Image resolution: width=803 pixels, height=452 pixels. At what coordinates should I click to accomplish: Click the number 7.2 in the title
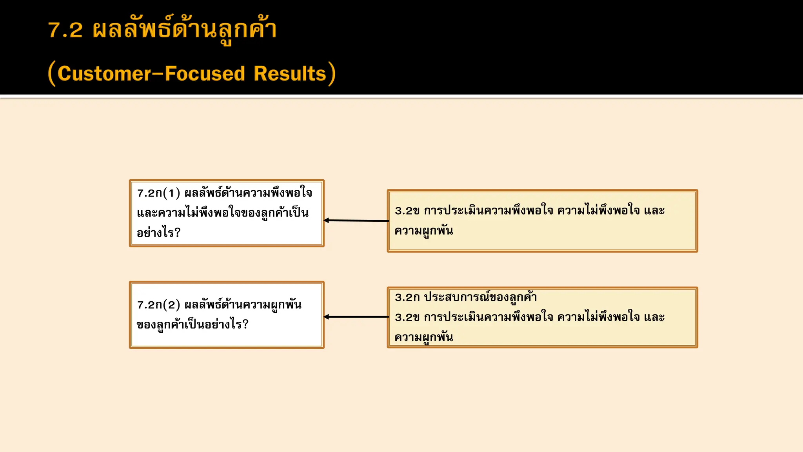65,30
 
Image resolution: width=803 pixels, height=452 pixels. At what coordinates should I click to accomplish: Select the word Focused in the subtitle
205,73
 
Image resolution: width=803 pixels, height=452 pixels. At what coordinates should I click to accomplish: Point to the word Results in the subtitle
290,73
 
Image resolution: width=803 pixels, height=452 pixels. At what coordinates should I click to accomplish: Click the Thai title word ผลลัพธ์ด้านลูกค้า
185,30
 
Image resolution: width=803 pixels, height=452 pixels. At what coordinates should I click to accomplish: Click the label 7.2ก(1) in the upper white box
158,193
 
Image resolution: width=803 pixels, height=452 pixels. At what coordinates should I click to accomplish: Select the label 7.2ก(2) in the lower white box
158,305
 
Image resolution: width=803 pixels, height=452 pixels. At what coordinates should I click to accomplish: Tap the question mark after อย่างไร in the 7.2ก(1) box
178,233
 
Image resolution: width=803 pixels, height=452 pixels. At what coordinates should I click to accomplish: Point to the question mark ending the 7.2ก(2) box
245,324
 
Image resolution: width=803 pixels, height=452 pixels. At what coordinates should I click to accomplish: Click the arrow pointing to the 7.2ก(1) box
356,221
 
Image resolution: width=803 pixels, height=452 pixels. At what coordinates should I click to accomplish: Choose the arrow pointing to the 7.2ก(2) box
356,317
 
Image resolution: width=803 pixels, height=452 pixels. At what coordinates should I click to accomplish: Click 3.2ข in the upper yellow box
407,211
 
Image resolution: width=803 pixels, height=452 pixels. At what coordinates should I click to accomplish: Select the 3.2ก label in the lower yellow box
407,297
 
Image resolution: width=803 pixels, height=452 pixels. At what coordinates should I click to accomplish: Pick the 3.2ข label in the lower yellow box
407,317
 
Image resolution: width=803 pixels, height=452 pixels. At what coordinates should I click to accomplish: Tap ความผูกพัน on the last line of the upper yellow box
424,231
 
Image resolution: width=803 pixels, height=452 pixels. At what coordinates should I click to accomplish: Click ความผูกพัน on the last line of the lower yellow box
424,337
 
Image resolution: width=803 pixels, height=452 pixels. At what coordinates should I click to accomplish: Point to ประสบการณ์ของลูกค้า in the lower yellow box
480,297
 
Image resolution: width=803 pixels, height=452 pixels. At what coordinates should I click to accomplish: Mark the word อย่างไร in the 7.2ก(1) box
155,233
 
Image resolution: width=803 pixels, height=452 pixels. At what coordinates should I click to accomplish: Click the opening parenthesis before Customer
51,73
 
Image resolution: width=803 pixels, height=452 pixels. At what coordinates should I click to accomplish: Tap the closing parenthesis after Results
332,73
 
